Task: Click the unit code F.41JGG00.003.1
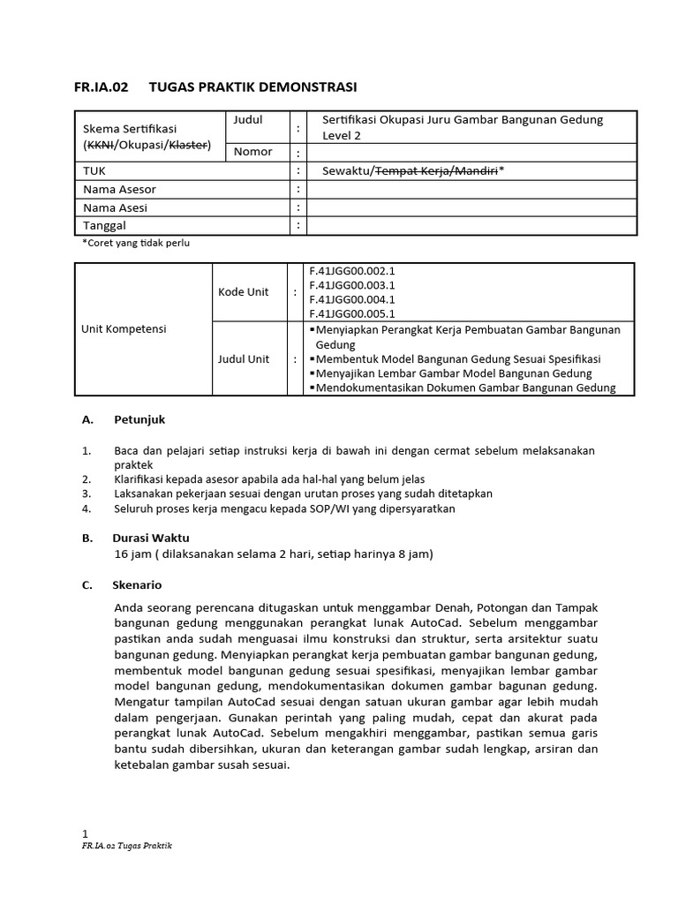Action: pyautogui.click(x=351, y=285)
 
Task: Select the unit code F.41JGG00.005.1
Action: pyautogui.click(x=351, y=313)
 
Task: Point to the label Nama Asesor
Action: pyautogui.click(x=119, y=189)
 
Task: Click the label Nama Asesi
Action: pyautogui.click(x=115, y=207)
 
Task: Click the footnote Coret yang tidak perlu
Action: pyautogui.click(x=136, y=243)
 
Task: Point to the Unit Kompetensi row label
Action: pyautogui.click(x=124, y=328)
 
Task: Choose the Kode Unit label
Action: pyautogui.click(x=243, y=291)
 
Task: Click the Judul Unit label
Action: pyautogui.click(x=245, y=359)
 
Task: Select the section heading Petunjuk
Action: pyautogui.click(x=139, y=420)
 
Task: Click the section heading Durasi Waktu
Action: pyautogui.click(x=151, y=538)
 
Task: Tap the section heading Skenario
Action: pyautogui.click(x=137, y=585)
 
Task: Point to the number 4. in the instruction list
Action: pyautogui.click(x=87, y=508)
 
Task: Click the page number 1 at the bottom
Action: pyautogui.click(x=85, y=833)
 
